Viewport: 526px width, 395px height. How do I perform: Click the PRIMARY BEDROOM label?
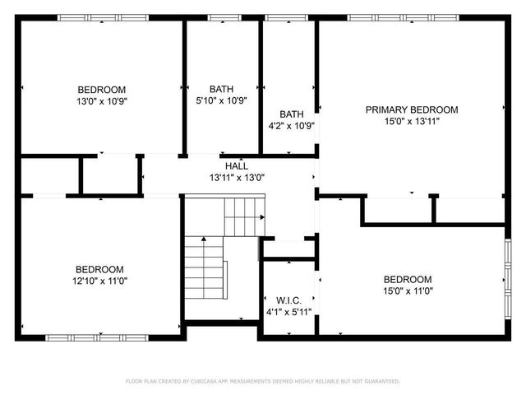pyautogui.click(x=412, y=109)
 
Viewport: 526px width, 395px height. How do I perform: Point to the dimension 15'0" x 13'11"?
pyautogui.click(x=412, y=121)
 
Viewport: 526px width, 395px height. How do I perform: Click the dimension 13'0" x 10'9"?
pyautogui.click(x=102, y=101)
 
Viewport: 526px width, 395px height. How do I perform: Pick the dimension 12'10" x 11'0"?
pyautogui.click(x=99, y=281)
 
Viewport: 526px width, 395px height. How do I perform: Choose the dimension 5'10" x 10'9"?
pyautogui.click(x=221, y=100)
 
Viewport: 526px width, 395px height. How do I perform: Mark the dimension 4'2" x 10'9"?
pyautogui.click(x=292, y=126)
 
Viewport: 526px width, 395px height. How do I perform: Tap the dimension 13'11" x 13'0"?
pyautogui.click(x=237, y=177)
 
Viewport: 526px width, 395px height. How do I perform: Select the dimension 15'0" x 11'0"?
pyautogui.click(x=407, y=290)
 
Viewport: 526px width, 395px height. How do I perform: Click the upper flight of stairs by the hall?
pyautogui.click(x=245, y=216)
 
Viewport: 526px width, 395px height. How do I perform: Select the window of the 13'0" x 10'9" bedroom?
pyautogui.click(x=102, y=17)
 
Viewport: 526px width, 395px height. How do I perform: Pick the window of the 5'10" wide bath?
pyautogui.click(x=221, y=17)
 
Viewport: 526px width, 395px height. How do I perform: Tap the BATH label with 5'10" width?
pyautogui.click(x=221, y=89)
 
